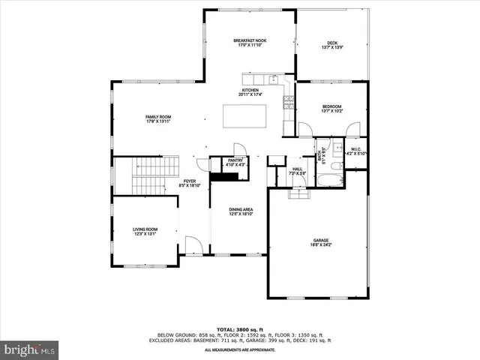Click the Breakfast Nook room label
click(250, 40)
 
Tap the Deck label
click(331, 43)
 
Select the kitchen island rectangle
click(245, 116)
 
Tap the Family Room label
click(158, 117)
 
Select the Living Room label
click(145, 229)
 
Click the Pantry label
click(224, 160)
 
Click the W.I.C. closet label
click(355, 150)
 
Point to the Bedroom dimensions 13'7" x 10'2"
click(331, 112)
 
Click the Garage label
click(320, 241)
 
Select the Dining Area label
click(240, 209)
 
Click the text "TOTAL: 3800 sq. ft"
click(239, 329)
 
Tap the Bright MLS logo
click(30, 349)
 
